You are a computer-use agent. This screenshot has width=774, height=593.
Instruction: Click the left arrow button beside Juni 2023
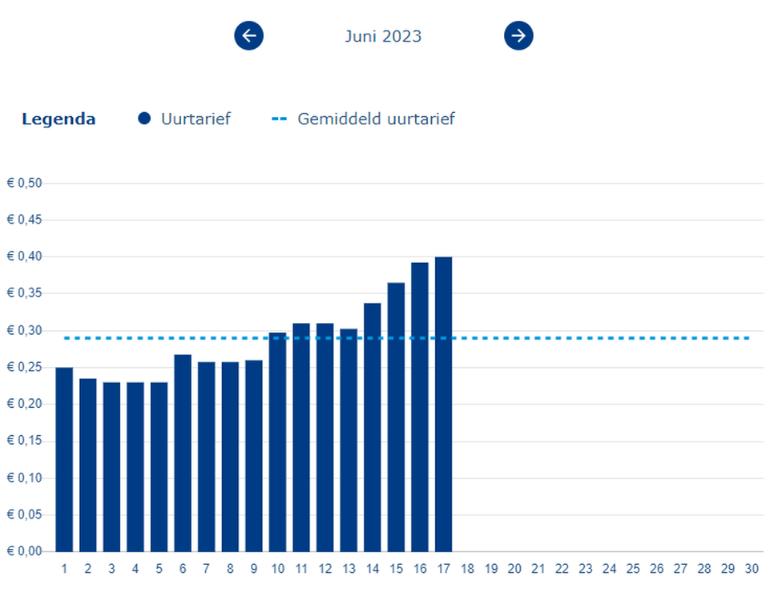(x=248, y=35)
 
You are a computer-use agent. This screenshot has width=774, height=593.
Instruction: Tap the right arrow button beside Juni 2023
(x=518, y=35)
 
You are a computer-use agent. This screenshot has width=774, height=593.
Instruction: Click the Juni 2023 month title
(x=383, y=36)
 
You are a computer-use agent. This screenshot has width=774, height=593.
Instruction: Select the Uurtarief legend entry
(x=184, y=119)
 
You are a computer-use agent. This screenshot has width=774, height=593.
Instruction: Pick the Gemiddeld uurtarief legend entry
(x=364, y=119)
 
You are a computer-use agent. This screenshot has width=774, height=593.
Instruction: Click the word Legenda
(x=58, y=119)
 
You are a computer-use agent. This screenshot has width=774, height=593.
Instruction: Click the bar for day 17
(x=443, y=404)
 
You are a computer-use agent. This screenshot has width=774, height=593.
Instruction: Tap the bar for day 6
(x=183, y=453)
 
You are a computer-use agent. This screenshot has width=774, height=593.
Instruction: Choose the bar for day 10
(x=277, y=442)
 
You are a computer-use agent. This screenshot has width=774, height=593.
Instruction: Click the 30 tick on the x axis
(x=752, y=569)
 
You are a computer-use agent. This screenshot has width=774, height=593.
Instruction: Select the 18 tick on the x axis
(x=467, y=569)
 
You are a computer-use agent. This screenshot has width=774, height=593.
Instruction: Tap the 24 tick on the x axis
(x=609, y=569)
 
